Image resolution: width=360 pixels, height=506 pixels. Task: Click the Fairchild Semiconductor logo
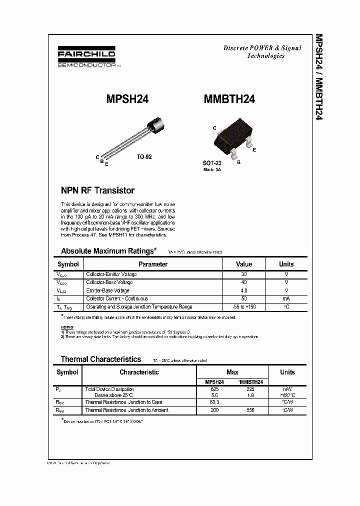[x=86, y=58]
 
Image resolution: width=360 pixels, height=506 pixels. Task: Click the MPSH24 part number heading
[x=127, y=99]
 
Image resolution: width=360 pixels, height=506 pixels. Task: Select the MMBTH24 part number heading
[x=229, y=99]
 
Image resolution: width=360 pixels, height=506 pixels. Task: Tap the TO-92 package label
[x=144, y=156]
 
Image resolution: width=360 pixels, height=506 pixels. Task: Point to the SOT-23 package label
[x=212, y=163]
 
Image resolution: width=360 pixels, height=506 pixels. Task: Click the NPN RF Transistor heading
[x=97, y=190]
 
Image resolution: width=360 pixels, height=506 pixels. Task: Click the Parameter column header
[x=153, y=264]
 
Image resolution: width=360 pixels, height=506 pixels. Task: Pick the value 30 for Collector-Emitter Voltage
[x=244, y=274]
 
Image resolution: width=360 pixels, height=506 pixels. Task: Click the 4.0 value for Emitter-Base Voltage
[x=244, y=290]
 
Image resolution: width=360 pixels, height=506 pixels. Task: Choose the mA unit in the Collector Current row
[x=286, y=298]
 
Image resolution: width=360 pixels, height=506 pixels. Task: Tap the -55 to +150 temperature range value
[x=244, y=306]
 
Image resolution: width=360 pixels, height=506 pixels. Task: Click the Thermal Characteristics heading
[x=101, y=359]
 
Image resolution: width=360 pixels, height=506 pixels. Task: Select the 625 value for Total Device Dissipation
[x=214, y=389]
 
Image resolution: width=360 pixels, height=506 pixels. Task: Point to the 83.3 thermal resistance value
[x=214, y=402]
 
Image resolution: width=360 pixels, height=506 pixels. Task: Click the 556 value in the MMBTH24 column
[x=250, y=410]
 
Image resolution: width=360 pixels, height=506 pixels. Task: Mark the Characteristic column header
[x=139, y=372]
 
